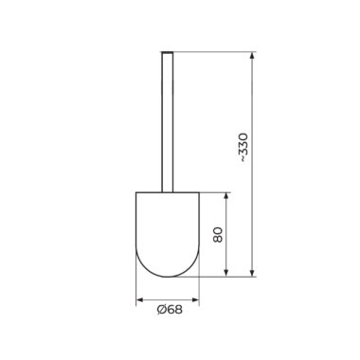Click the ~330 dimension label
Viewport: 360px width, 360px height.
point(244,148)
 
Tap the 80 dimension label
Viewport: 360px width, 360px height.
point(218,234)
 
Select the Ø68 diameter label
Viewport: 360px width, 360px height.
point(170,310)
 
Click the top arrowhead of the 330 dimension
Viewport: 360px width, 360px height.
point(252,56)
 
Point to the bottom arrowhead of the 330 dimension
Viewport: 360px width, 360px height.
point(252,273)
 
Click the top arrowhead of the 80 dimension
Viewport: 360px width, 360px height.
point(225,196)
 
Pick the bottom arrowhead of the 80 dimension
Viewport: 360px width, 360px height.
point(225,273)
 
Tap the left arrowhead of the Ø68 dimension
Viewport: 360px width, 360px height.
point(140,299)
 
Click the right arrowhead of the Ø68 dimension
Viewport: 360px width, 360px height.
point(195,299)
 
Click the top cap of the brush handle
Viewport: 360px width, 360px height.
point(168,52)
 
